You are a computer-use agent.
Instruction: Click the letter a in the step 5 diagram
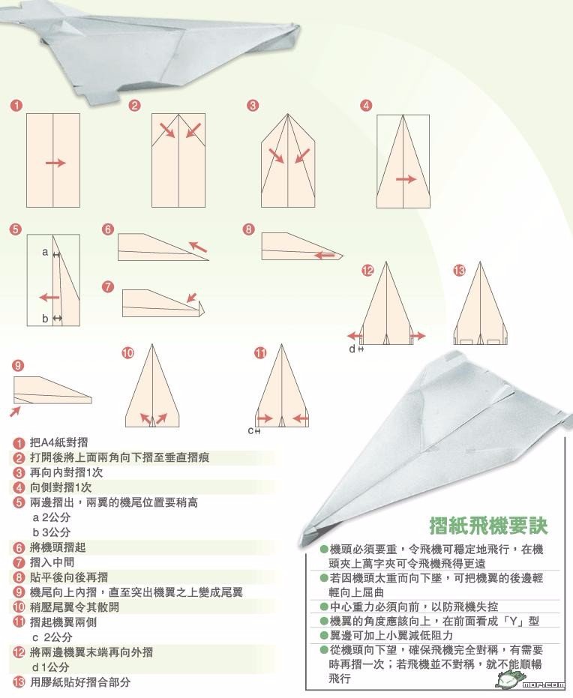coord(45,253)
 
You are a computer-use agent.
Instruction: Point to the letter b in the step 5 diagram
coord(45,319)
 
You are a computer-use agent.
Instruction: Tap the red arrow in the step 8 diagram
coord(324,255)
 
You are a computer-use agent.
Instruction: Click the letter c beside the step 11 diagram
coord(250,430)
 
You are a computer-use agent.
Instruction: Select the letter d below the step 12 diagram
coord(351,349)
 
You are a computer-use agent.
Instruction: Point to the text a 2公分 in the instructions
coord(51,517)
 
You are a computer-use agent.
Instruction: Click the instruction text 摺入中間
coord(52,562)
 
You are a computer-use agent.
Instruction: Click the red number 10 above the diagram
coord(127,352)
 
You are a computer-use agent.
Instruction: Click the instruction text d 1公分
coord(51,667)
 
